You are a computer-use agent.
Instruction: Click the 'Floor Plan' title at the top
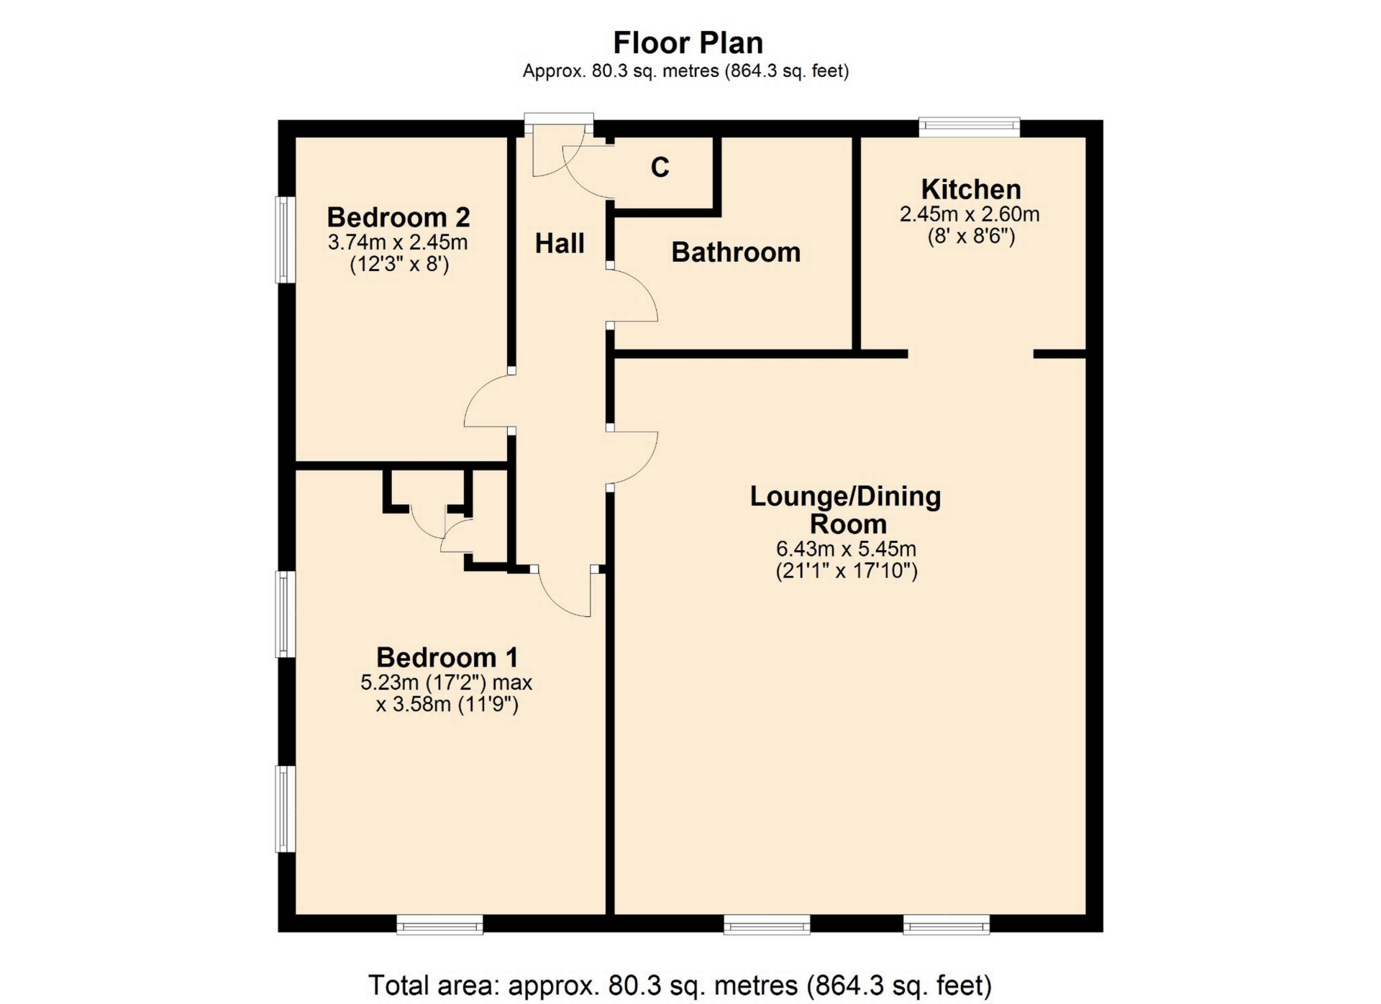tap(688, 43)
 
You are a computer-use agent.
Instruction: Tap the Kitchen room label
tap(971, 189)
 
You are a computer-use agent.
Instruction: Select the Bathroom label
tap(736, 252)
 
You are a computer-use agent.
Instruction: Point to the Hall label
tap(560, 243)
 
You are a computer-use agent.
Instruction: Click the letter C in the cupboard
tap(660, 167)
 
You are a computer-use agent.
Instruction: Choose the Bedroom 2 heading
tap(398, 216)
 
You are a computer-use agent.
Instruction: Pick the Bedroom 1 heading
tap(447, 657)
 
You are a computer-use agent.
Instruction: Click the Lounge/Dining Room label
tap(846, 510)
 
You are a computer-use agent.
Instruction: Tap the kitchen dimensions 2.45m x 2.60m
tap(970, 214)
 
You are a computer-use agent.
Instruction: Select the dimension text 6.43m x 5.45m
tap(846, 549)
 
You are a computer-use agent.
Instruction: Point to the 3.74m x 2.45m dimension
tap(398, 242)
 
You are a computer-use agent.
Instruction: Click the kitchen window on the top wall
tap(970, 127)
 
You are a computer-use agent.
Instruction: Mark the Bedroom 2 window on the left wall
tap(286, 239)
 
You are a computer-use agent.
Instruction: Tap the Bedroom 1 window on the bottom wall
tap(439, 924)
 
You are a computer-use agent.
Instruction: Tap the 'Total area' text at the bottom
tap(680, 985)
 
